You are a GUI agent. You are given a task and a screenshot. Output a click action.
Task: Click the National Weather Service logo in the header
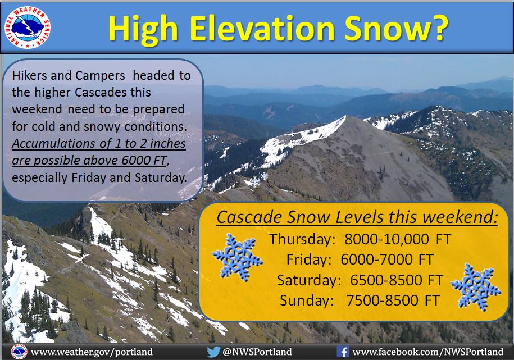coord(28,28)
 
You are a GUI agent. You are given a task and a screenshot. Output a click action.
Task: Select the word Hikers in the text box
coord(29,76)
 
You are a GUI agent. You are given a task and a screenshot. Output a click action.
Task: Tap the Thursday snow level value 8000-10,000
coord(386,239)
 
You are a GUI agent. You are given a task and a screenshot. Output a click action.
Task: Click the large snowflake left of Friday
coord(237,257)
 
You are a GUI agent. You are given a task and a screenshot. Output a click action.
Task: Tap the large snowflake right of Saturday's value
coord(475,286)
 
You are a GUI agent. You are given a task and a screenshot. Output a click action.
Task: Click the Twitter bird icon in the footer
coord(213,352)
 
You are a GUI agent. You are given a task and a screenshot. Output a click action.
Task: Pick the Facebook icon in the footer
coord(343,352)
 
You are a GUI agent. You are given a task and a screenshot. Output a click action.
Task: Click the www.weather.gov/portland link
coord(92,352)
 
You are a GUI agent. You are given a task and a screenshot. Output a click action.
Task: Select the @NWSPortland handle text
coord(257,352)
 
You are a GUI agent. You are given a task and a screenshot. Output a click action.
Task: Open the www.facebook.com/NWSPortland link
coord(428,352)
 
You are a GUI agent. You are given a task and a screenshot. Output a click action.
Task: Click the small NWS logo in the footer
coord(19,352)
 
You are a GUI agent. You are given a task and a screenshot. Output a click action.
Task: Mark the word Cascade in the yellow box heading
coord(249,217)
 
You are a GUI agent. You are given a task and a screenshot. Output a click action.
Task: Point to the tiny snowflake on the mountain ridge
coord(254,181)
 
